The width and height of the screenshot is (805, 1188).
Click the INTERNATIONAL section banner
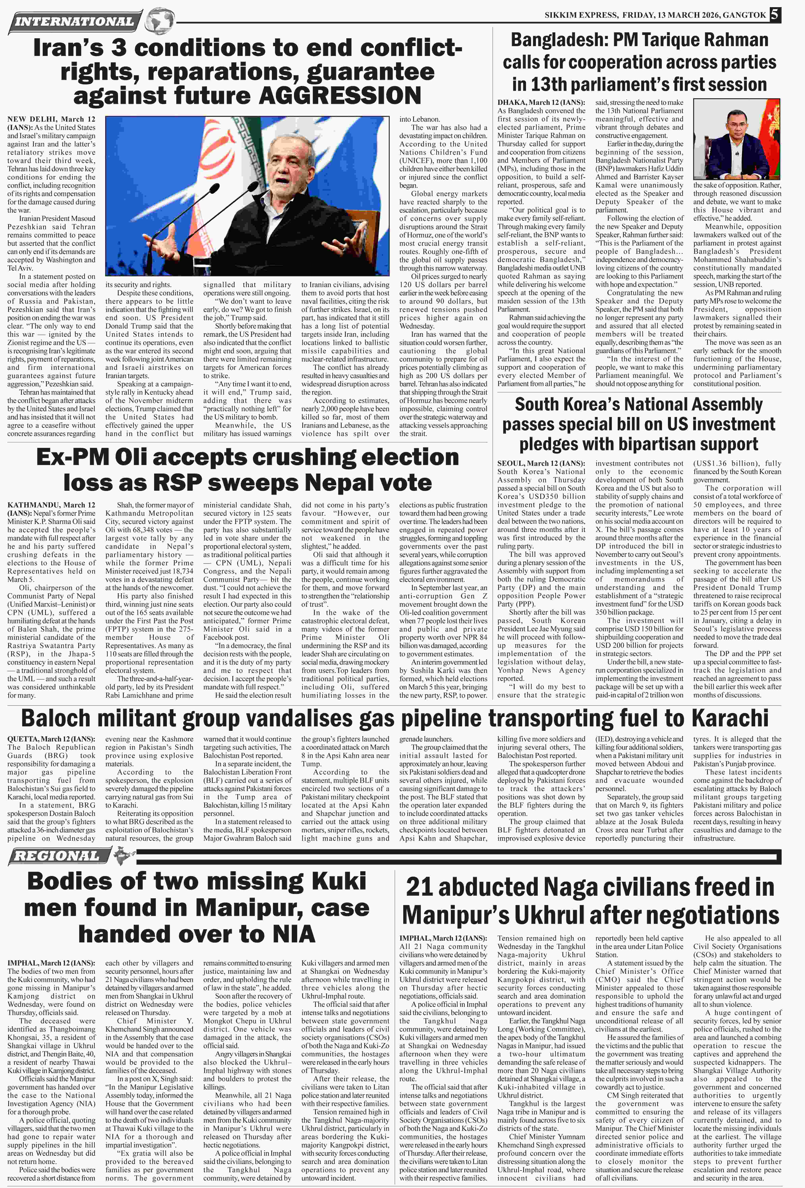(x=74, y=21)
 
